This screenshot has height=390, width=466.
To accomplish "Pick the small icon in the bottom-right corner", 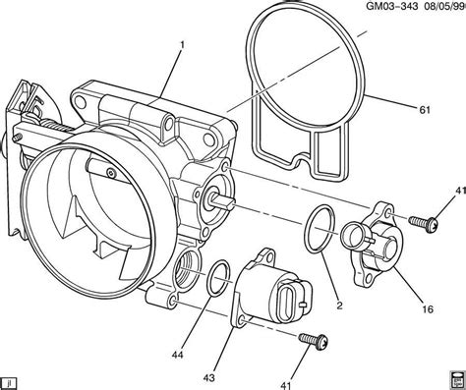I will pyautogui.click(x=456, y=379).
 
